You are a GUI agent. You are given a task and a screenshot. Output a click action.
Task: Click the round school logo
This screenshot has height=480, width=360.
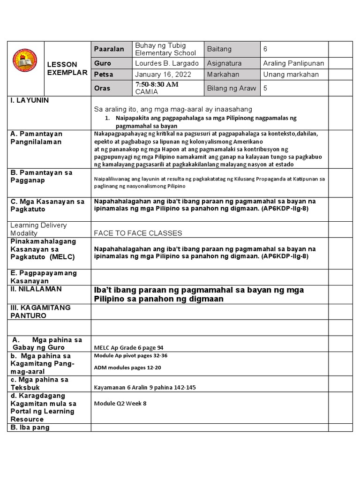coord(25,67)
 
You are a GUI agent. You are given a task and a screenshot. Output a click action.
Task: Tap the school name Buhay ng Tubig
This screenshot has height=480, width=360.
coord(160,45)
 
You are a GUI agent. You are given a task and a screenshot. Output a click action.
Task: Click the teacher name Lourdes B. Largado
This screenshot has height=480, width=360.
coord(166,63)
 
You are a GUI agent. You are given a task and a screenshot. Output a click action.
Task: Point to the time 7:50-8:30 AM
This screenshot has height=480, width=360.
coord(157,84)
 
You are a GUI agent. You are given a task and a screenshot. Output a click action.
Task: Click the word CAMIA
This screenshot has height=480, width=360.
coord(146,91)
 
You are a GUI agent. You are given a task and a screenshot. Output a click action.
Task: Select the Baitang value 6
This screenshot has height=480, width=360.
coord(265,49)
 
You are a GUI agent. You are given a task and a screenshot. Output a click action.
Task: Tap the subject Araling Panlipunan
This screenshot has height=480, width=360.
coord(293,63)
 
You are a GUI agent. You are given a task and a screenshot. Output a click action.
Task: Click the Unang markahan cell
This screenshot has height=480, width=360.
coord(291,75)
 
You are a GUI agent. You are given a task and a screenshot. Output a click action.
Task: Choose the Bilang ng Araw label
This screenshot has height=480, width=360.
coord(232,88)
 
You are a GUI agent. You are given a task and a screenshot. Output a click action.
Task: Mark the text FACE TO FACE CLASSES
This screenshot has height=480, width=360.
coord(138,233)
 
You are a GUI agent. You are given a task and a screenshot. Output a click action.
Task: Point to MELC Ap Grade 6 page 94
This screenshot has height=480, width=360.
coord(128,347)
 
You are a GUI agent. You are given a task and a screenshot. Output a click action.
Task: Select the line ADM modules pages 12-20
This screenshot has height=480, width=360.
coord(127,367)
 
